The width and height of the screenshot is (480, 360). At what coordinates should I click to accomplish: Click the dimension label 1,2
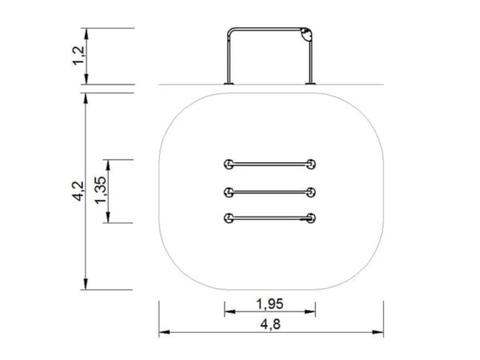coord(78,56)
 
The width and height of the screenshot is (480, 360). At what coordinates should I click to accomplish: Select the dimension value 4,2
coord(78,192)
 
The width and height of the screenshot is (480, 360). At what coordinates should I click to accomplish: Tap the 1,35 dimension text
coord(100,192)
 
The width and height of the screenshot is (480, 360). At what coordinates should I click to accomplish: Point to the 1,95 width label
coord(270,304)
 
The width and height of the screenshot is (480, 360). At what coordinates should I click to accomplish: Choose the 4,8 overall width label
coord(270,324)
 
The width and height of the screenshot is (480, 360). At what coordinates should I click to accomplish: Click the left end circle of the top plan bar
coord(230,164)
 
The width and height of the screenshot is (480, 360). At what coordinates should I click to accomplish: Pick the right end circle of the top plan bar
coord(311,164)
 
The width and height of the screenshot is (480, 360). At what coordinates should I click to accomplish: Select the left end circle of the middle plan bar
coord(230,191)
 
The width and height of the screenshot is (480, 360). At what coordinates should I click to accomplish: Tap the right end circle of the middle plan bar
coord(311,191)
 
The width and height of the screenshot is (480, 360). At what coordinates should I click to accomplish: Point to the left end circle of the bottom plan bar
coord(230,217)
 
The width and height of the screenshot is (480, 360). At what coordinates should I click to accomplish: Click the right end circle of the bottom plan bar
coord(311,217)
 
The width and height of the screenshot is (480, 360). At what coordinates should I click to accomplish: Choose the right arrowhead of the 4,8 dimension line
coord(381,332)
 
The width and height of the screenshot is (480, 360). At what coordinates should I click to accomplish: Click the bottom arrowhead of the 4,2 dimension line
coord(85,286)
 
